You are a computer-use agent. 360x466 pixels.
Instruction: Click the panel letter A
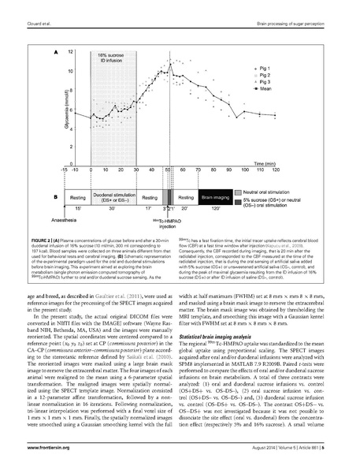click(x=54, y=51)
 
